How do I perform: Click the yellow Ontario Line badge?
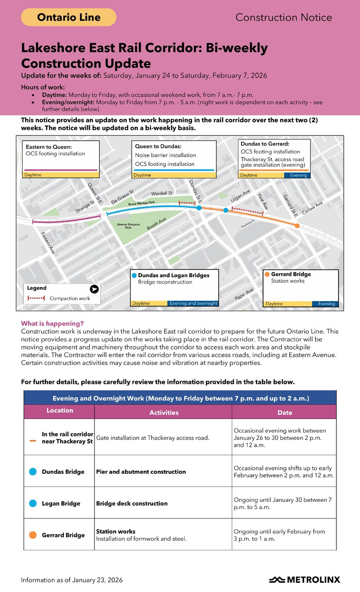coord(68,18)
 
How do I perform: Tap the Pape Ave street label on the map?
coord(244,294)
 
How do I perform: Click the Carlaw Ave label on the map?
coord(312,207)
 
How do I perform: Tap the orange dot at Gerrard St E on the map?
coord(297,226)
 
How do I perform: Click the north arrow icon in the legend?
coord(94,289)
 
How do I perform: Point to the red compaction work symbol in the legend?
coord(36,298)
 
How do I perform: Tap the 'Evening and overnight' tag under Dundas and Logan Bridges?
coord(193,303)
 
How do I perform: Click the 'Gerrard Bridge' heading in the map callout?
coord(291,274)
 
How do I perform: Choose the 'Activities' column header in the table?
coord(163,412)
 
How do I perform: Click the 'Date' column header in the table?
coord(285,412)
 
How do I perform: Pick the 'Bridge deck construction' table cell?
coord(132,503)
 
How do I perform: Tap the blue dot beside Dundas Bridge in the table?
coord(33,472)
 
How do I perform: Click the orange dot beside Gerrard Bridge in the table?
coord(33,535)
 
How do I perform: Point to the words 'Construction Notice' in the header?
coord(284,18)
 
